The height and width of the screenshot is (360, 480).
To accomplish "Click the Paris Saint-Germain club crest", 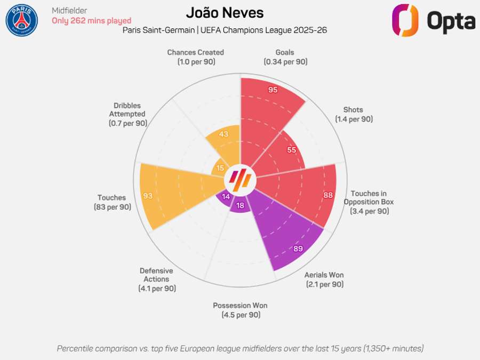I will (22, 20).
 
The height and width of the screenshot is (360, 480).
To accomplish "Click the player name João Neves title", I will (225, 12).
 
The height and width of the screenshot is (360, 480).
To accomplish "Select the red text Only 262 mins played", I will (91, 21).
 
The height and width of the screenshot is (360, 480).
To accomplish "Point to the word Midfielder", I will (69, 10).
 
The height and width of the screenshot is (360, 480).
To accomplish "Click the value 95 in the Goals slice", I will (273, 90).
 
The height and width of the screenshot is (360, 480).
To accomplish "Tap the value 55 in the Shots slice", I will (291, 150).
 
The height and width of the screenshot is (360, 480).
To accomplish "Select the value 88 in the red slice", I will (328, 195).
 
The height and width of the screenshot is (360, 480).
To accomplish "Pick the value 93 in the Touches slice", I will (148, 196).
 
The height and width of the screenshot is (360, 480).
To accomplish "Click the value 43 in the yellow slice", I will (223, 134).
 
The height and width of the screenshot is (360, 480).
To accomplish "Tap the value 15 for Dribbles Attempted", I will (220, 168).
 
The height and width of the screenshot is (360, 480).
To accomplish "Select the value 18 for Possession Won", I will (240, 205).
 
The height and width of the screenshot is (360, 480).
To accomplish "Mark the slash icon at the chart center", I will (240, 180).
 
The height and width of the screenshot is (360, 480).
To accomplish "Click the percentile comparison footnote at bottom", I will (240, 348).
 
